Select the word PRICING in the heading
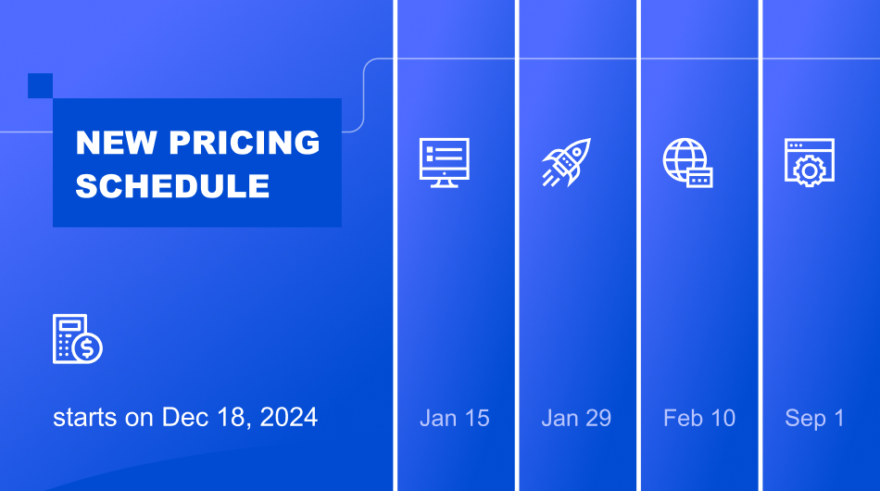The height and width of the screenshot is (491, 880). click(x=245, y=143)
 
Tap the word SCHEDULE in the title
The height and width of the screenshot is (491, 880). click(x=172, y=186)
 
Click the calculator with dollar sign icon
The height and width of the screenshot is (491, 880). click(x=77, y=338)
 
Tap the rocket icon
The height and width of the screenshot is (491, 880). click(x=566, y=162)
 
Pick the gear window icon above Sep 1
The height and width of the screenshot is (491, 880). click(x=809, y=161)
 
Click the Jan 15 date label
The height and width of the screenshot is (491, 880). click(x=454, y=418)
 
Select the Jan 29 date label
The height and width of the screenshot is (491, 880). click(x=576, y=418)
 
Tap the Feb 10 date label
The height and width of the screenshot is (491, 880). click(x=699, y=418)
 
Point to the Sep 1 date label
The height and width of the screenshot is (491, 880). click(x=815, y=418)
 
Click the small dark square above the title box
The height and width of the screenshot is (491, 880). click(x=40, y=85)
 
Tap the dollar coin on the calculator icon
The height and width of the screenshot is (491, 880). click(x=89, y=348)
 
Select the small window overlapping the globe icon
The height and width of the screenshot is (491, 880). click(x=699, y=177)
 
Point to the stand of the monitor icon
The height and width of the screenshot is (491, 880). click(x=445, y=182)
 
